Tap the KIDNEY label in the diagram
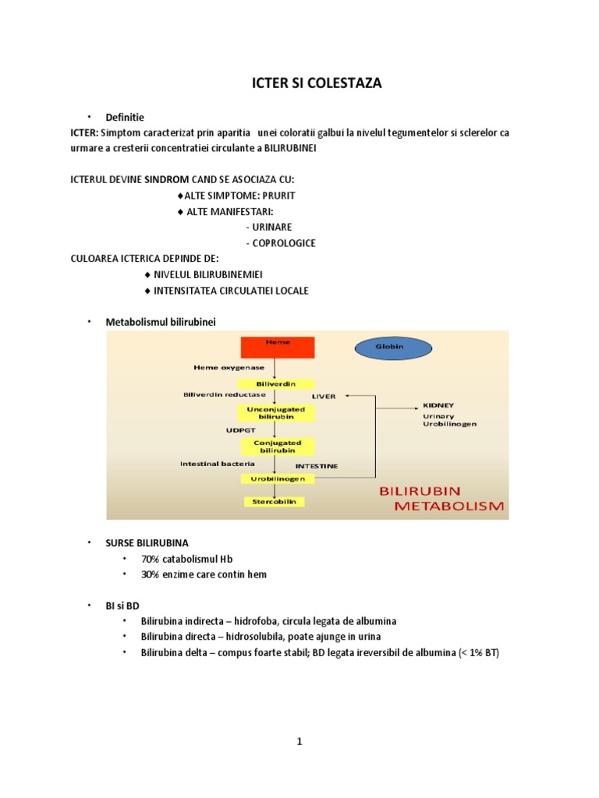438,405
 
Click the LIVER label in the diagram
324,396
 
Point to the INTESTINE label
317,466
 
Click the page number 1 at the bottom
299,741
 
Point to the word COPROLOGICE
280,242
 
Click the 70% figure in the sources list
149,559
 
